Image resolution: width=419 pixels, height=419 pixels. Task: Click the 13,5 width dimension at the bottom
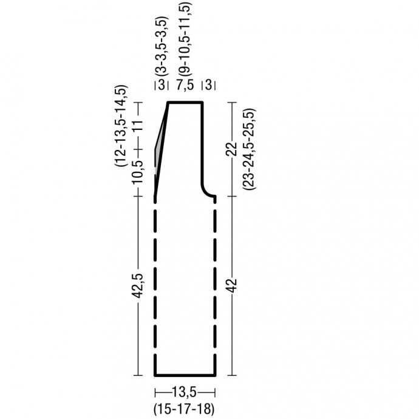pos(184,392)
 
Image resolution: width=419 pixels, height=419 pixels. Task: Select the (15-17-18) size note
pos(184,409)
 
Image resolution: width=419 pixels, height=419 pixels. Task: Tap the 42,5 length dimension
pos(138,285)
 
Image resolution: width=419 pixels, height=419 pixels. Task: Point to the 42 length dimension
pos(232,285)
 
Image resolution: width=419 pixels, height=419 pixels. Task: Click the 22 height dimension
pos(232,149)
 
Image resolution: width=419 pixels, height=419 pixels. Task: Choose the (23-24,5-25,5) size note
pos(249,149)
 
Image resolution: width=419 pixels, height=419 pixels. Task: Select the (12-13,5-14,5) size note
pos(121,126)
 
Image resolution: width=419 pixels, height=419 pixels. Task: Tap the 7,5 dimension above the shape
pos(185,85)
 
